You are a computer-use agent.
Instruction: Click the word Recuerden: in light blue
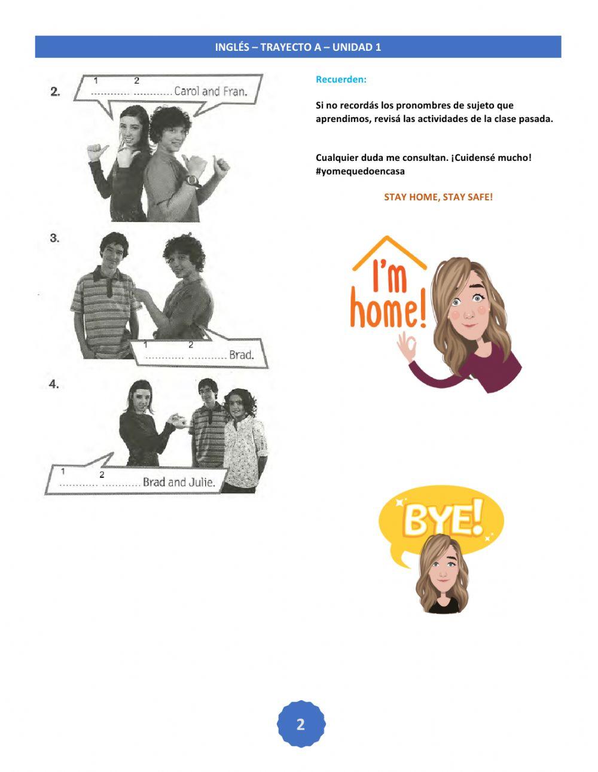(x=341, y=80)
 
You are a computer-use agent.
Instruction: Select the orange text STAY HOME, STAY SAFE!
(x=438, y=197)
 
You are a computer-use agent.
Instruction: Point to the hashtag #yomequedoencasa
(x=360, y=171)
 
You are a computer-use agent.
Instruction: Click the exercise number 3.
(x=54, y=238)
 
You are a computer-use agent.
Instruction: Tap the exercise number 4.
(x=54, y=385)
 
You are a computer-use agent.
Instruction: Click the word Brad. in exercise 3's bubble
(x=242, y=355)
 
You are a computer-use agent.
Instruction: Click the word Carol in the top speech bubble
(x=187, y=91)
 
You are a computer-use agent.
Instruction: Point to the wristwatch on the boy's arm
(x=193, y=181)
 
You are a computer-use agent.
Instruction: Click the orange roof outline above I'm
(x=389, y=253)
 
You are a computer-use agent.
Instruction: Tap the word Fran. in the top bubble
(x=235, y=91)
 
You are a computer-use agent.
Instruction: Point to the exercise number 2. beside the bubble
(x=55, y=92)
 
